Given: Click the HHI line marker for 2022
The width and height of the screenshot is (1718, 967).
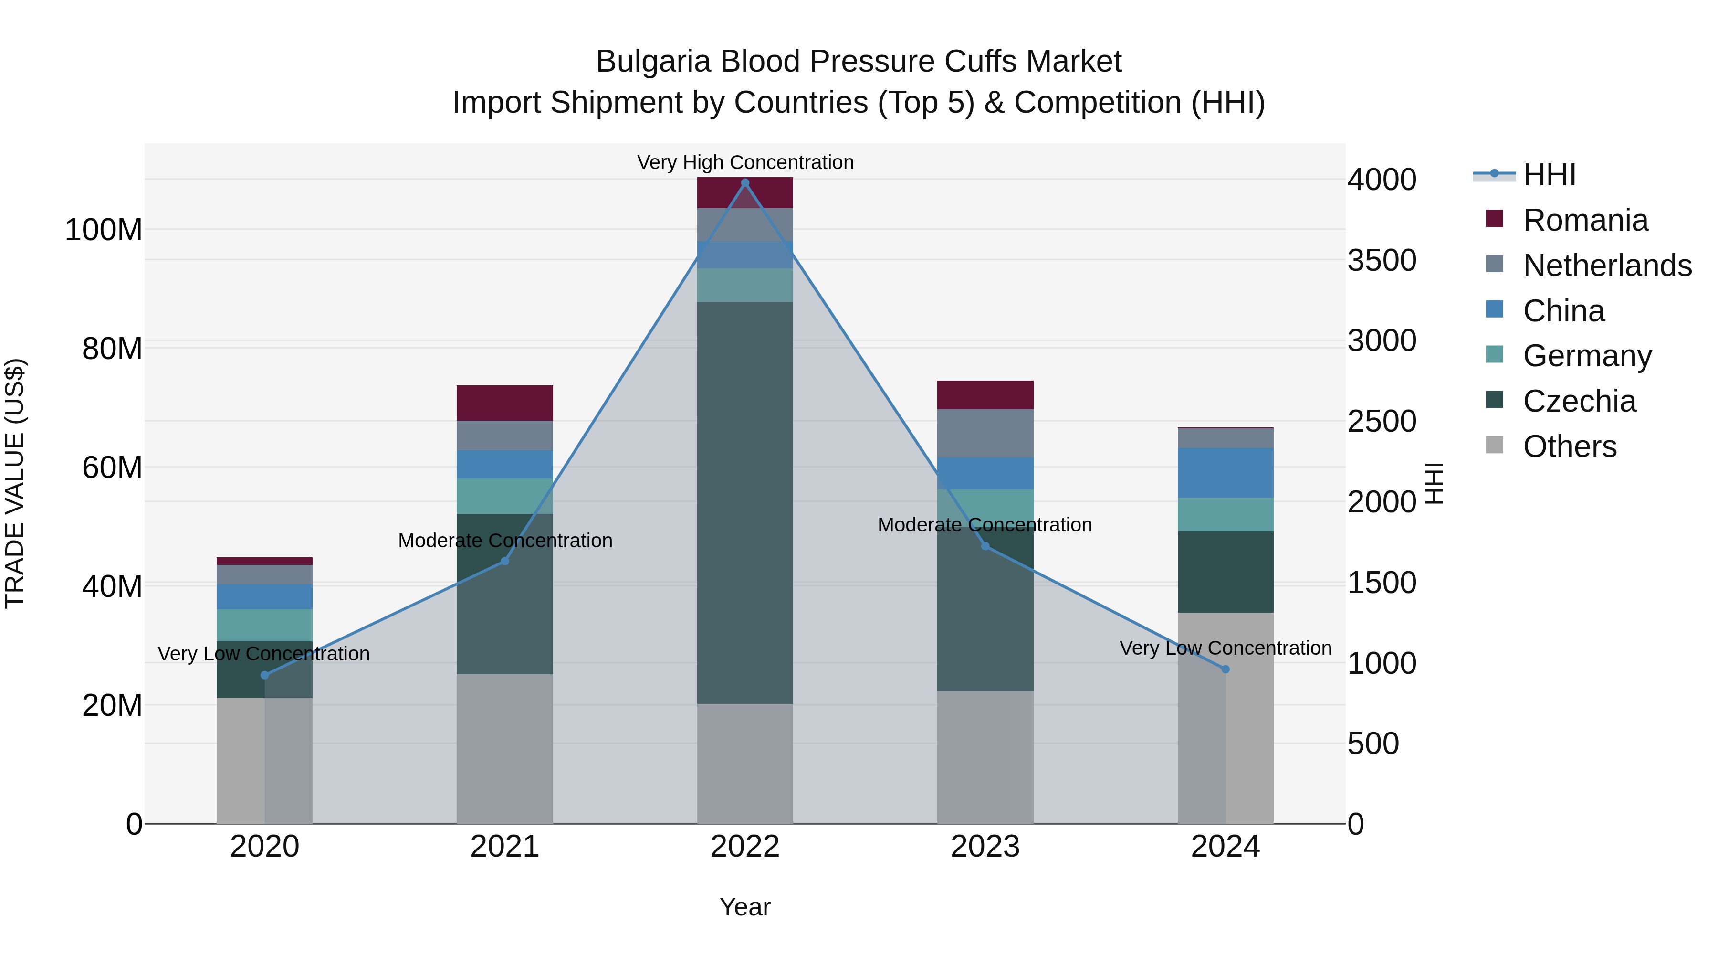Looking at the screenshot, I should [745, 183].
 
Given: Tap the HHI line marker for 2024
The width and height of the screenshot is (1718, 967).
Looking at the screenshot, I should [1225, 669].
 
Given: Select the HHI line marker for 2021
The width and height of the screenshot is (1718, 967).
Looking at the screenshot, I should [505, 561].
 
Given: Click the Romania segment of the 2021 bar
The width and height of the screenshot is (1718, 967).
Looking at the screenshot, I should [505, 403].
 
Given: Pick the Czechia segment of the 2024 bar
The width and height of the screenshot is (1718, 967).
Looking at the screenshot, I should [1225, 572].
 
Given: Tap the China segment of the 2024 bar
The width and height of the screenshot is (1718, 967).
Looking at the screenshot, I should [1225, 472].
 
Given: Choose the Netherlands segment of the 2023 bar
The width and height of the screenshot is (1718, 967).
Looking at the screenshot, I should [985, 433].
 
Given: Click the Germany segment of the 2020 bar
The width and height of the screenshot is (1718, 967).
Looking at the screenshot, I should [265, 625].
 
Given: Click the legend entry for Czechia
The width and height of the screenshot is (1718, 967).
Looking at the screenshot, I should [1579, 401].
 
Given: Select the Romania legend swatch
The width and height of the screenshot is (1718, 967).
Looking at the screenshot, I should [1495, 219].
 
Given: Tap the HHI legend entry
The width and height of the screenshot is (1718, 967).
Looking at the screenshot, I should [1549, 175].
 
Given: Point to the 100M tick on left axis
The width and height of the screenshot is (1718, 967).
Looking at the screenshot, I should [104, 230].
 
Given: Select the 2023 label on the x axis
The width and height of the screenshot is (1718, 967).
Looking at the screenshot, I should [985, 847].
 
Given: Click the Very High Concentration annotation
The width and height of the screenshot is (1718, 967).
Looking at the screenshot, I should [745, 162].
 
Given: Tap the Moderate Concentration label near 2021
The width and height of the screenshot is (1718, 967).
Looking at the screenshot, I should [505, 541].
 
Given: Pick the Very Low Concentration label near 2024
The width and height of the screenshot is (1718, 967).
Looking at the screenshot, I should [1225, 648].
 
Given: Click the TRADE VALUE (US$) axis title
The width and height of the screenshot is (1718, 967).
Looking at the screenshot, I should [15, 483].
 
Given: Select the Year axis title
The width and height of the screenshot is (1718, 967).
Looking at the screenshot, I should [745, 907].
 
